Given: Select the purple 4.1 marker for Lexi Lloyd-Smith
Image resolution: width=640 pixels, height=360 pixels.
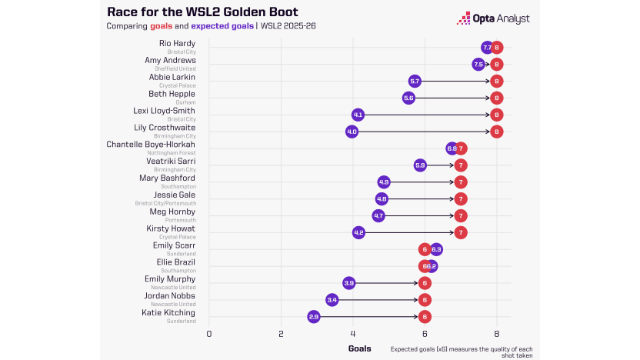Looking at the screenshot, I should pos(358,115).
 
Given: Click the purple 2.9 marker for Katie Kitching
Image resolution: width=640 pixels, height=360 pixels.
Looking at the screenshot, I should pos(314,316).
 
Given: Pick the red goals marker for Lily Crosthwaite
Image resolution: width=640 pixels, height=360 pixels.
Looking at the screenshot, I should pos(497,132).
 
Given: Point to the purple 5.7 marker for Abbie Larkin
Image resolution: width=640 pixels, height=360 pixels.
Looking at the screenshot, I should pos(415,81).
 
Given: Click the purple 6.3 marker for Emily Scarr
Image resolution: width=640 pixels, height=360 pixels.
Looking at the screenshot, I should pos(436,249).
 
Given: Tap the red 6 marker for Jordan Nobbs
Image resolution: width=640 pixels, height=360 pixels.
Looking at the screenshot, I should pos(425,299).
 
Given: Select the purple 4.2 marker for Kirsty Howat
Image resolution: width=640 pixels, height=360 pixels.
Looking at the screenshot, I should pos(358,232).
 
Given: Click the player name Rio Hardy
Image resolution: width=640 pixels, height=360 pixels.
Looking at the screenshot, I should pos(177,43).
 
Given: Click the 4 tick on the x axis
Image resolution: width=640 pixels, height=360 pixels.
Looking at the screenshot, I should pos(353,334).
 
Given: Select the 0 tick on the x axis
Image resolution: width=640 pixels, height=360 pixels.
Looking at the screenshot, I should pos(209,334).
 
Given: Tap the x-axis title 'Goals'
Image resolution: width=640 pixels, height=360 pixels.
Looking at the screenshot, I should pos(359,348).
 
